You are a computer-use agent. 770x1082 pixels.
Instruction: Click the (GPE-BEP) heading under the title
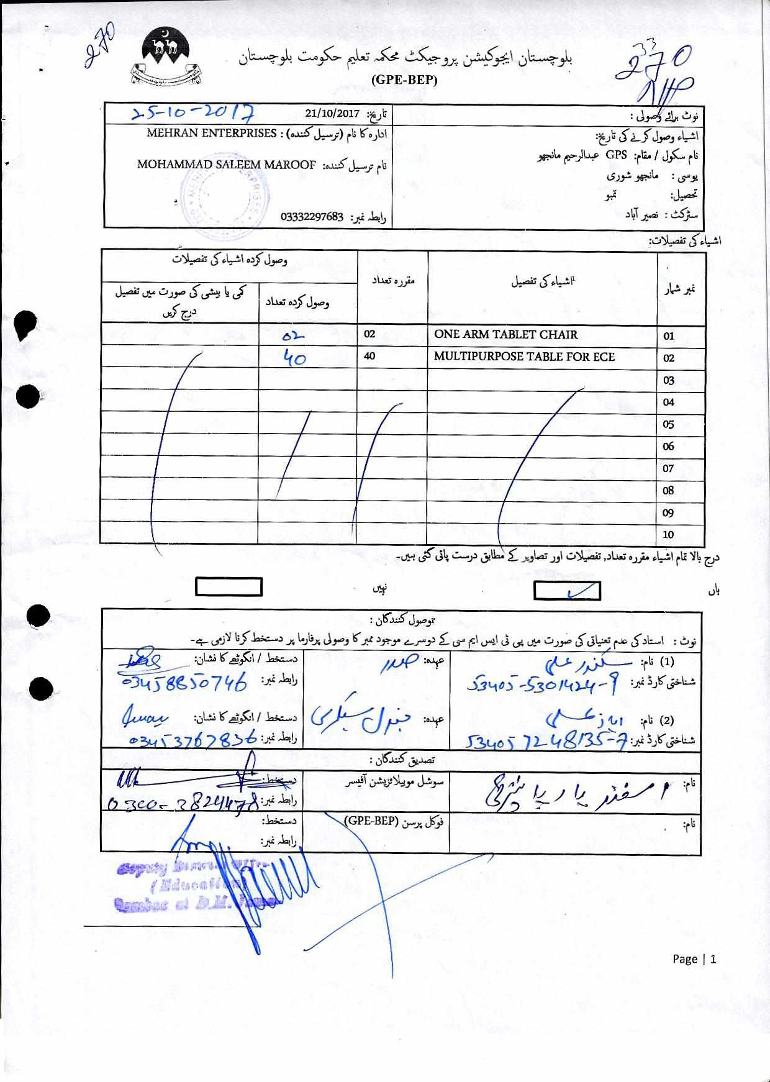(x=404, y=80)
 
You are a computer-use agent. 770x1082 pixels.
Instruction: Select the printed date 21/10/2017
(x=332, y=114)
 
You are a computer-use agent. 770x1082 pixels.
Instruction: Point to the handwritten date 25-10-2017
(x=193, y=112)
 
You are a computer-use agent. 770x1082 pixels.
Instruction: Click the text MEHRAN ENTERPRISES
(x=211, y=133)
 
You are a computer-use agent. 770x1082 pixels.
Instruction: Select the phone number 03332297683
(x=312, y=217)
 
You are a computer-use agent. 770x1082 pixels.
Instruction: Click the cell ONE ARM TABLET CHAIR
(x=505, y=335)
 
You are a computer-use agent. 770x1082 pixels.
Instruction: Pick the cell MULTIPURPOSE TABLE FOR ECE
(x=524, y=357)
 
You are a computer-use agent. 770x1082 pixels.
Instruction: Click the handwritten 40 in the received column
(x=294, y=357)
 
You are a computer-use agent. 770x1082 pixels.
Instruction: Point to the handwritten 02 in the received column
(x=292, y=335)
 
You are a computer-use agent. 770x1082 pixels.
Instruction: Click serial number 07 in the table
(x=668, y=468)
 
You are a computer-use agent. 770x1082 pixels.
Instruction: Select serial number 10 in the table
(x=668, y=534)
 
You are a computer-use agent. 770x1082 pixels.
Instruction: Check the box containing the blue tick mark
(x=567, y=591)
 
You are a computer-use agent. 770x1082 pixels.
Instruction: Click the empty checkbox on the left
(x=229, y=587)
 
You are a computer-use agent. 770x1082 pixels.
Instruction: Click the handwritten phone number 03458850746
(x=185, y=682)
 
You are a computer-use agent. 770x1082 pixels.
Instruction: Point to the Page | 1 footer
(x=694, y=958)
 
